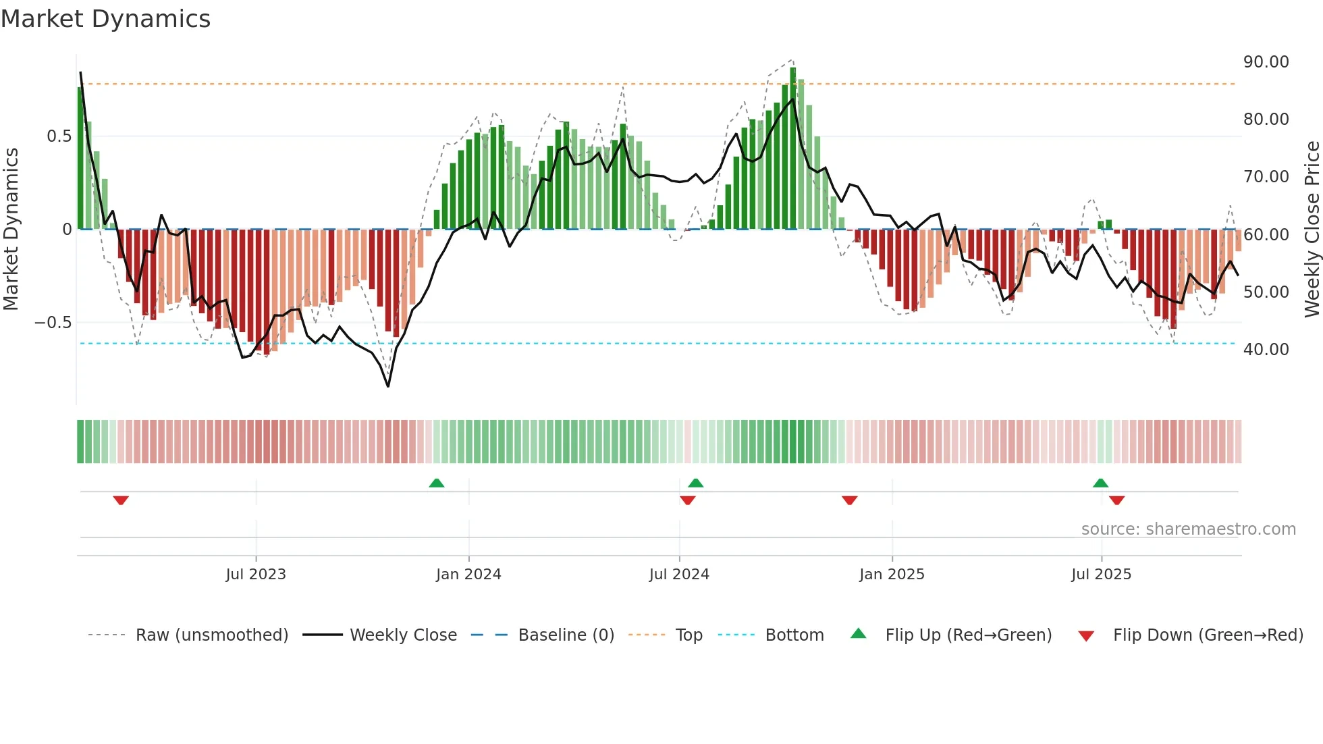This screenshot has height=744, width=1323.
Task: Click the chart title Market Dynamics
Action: [x=106, y=19]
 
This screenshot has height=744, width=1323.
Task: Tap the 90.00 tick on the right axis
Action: [x=1266, y=62]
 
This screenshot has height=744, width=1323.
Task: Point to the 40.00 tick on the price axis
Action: [x=1266, y=350]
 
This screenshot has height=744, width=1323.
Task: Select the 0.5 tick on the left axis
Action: [x=59, y=136]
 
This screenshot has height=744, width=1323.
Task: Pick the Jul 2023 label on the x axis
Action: [x=256, y=575]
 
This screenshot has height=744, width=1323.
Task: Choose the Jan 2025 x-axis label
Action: [x=892, y=575]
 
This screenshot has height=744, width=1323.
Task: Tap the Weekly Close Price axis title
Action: [x=1312, y=230]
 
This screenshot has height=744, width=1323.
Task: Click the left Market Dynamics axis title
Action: [x=11, y=230]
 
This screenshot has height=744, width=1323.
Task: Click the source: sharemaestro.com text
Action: [x=1188, y=529]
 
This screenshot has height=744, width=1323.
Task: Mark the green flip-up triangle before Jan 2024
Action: [x=437, y=483]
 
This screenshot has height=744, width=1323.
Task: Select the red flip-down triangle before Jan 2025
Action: [x=850, y=500]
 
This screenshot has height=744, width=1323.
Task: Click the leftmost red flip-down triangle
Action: [x=121, y=500]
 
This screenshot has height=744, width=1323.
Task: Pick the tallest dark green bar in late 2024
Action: [x=793, y=149]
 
